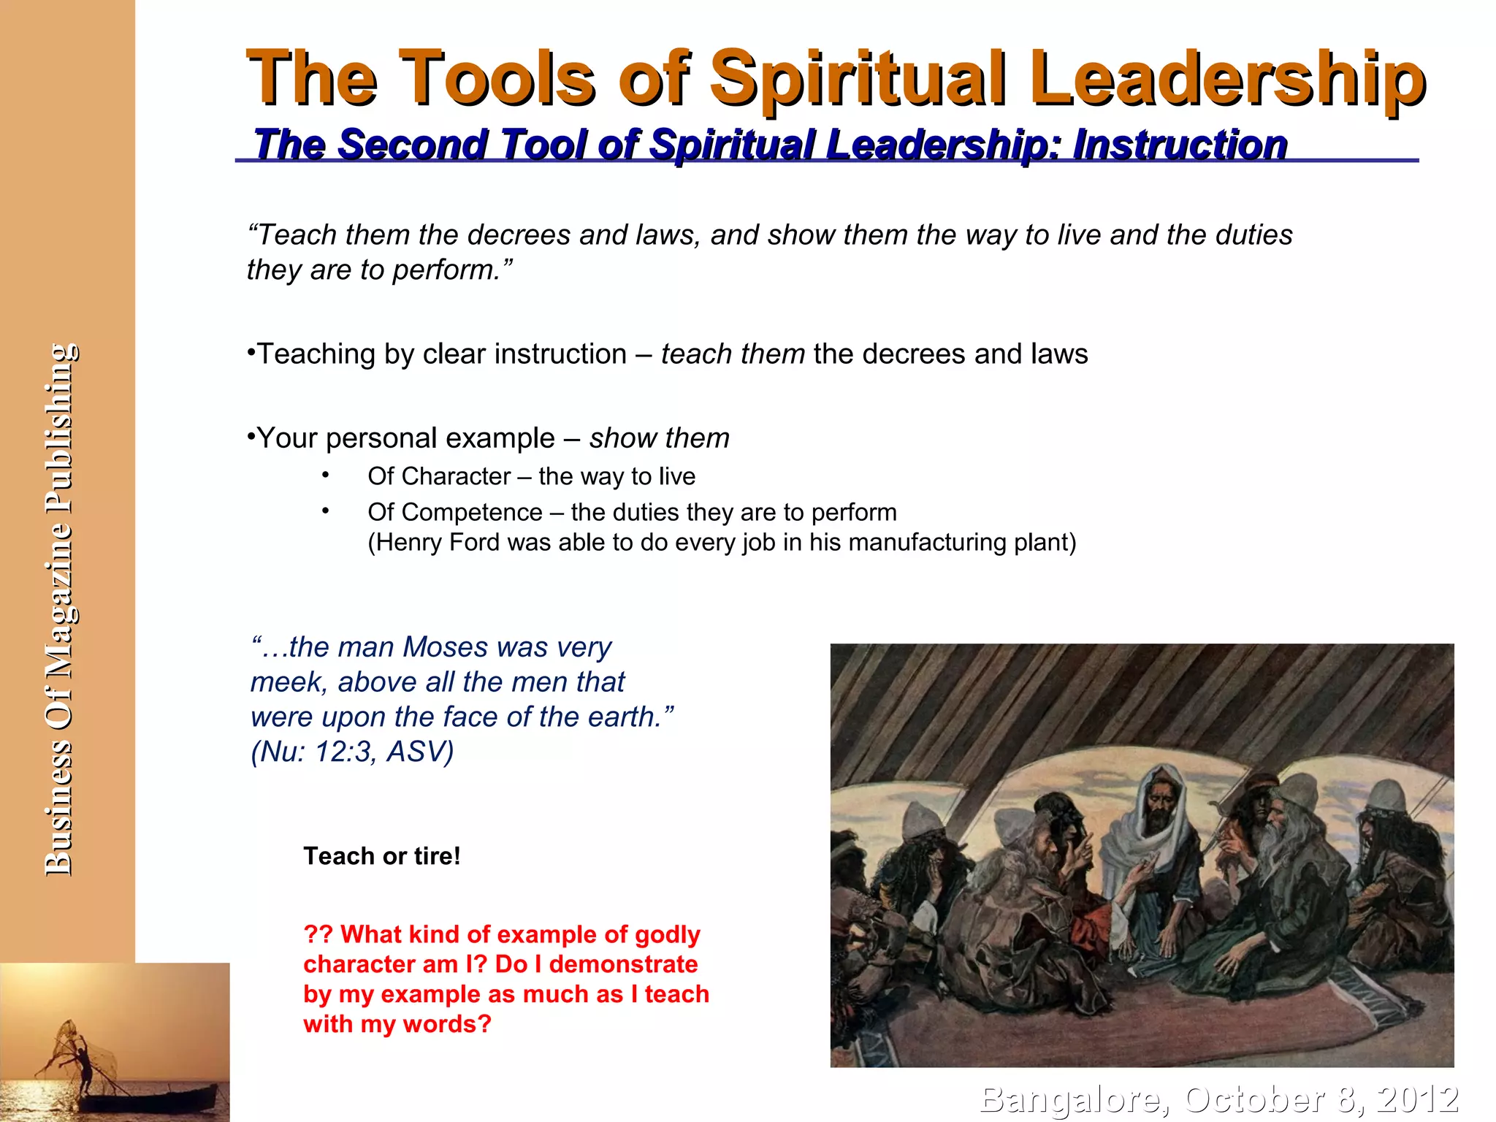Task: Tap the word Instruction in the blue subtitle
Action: click(1180, 144)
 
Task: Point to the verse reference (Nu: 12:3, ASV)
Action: click(352, 752)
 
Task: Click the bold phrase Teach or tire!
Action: click(382, 856)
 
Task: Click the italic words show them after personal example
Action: click(659, 438)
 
